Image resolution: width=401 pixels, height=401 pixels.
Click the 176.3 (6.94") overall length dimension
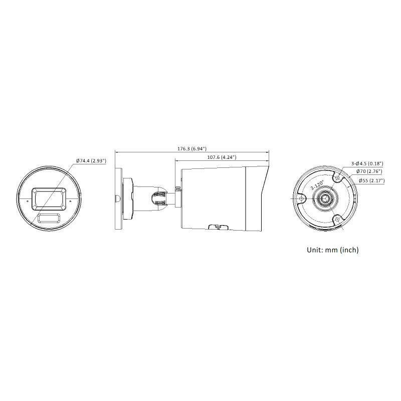coord(192,148)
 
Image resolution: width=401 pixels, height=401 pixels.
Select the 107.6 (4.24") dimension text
coord(222,157)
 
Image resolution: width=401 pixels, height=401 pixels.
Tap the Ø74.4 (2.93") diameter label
coord(91,161)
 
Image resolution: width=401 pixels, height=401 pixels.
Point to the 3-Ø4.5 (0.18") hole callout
coord(367,163)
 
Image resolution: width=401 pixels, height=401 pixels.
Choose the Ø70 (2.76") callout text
coord(369,171)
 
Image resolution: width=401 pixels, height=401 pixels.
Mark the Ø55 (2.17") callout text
coord(371,180)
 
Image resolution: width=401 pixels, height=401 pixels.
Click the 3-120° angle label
coord(317,184)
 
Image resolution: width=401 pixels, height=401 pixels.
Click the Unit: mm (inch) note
coord(333,250)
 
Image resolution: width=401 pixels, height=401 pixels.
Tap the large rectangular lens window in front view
coord(49,199)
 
